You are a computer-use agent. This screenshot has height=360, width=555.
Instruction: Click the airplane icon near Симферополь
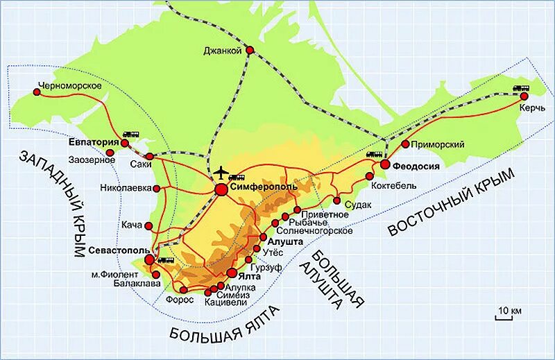coord(221,171)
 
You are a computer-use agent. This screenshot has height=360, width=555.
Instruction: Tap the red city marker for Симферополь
coord(221,188)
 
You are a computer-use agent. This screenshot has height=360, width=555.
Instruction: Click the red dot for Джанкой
coord(250,50)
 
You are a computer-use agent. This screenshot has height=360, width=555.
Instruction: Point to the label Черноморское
coord(71,85)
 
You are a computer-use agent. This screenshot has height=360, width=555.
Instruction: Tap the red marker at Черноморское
coord(37,90)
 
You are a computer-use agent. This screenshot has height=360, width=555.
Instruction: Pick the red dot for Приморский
coord(405,144)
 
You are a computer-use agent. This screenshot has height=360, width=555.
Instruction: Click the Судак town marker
coord(336,201)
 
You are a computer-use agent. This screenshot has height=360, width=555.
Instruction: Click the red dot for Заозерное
coord(110,153)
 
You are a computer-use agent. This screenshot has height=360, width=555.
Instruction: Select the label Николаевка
coord(126,188)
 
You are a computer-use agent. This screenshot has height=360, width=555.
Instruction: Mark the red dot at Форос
coord(183,289)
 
